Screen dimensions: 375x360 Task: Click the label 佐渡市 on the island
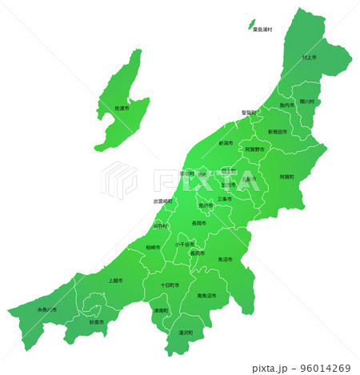coord(122,108)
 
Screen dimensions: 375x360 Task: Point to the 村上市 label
coord(310,58)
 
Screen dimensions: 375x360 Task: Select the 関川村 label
coord(308,102)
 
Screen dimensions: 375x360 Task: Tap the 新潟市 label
coord(226,143)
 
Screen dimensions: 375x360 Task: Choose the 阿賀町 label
coord(286,176)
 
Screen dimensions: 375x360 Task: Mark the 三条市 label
coord(225,198)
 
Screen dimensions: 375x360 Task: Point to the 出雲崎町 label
coord(164,201)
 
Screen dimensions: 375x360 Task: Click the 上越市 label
coord(115,281)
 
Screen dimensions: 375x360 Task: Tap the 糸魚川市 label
coord(47,309)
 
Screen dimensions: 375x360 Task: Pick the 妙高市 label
coord(97,322)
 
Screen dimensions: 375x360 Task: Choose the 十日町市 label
coord(170,285)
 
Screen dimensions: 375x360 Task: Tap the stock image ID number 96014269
coord(325,369)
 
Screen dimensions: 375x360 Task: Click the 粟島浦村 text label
coord(262,30)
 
